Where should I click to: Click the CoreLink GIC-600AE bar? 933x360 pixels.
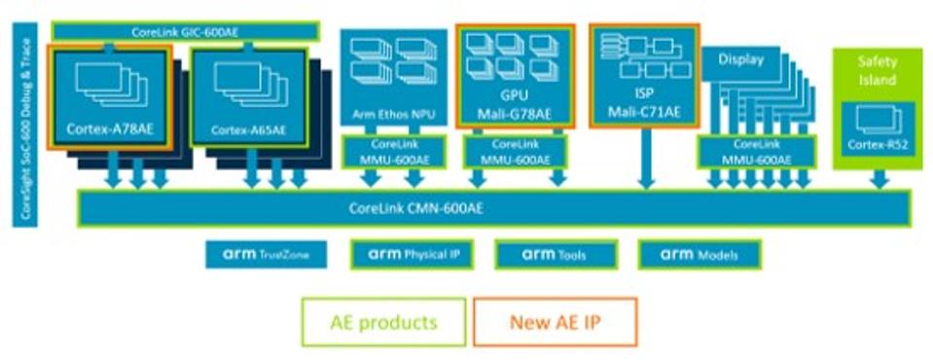185,32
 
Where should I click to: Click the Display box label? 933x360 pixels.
741,60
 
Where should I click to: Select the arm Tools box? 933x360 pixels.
555,255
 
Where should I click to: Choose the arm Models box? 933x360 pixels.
699,255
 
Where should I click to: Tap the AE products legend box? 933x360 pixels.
383,322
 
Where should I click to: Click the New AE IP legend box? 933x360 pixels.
554,322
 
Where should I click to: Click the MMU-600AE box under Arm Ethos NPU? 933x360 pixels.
392,152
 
